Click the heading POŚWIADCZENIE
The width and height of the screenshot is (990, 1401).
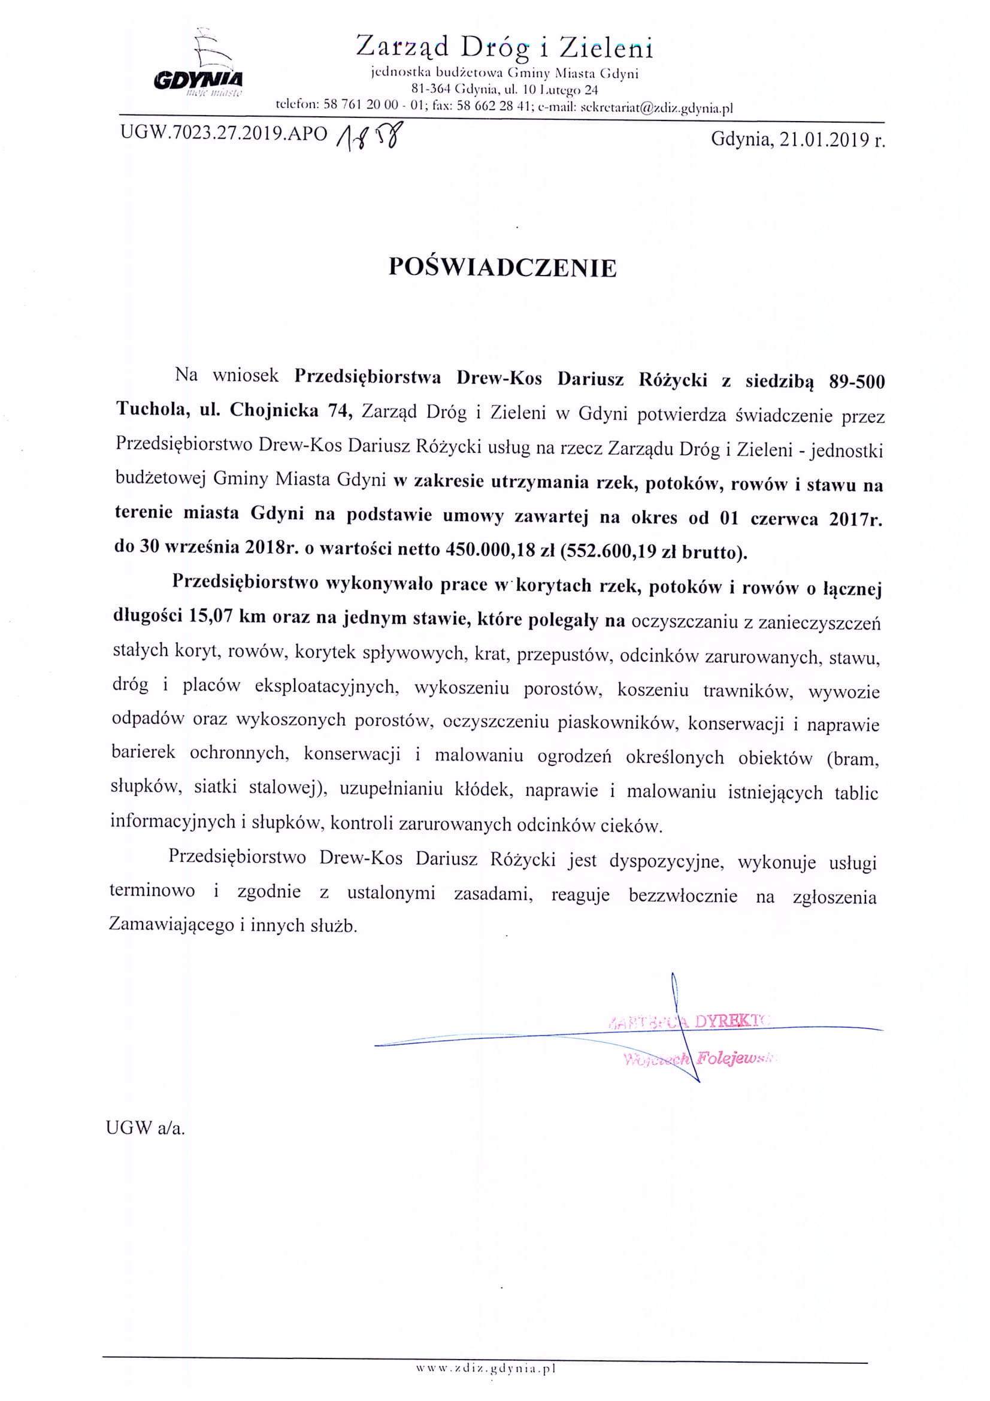(502, 268)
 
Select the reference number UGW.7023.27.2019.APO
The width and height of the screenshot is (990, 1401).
(224, 134)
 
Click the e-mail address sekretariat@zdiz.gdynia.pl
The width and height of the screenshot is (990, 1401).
(656, 108)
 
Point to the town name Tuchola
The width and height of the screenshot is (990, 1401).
(153, 409)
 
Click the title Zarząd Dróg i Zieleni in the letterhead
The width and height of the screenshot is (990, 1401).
(504, 47)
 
